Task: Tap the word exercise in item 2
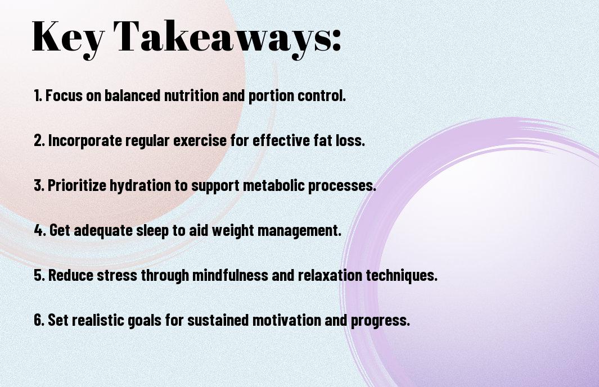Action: [x=200, y=140]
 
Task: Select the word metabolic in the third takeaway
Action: [x=273, y=185]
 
